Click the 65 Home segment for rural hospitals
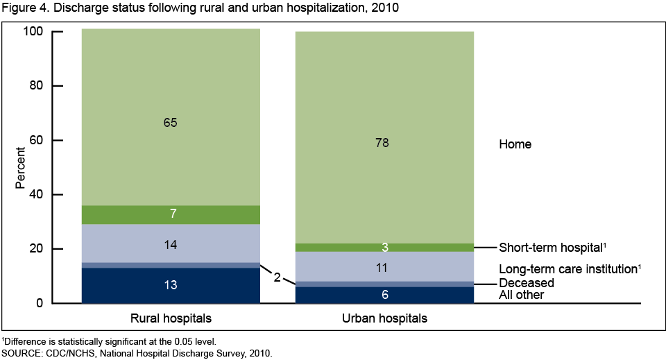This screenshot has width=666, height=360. (171, 118)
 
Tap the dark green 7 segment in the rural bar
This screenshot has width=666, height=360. (171, 215)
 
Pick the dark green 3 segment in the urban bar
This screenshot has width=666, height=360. (384, 248)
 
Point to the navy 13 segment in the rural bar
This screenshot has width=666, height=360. (171, 285)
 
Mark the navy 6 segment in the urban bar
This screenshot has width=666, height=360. (384, 295)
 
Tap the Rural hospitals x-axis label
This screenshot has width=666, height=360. (171, 318)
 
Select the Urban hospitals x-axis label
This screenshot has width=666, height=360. (384, 318)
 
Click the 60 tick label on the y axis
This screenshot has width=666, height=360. (36, 140)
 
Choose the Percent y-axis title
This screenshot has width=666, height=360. (21, 167)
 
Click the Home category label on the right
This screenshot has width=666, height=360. (515, 144)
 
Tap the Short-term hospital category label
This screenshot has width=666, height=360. (547, 248)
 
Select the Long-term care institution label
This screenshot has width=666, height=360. (568, 268)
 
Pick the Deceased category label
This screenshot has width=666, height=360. (527, 283)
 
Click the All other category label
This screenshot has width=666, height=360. (521, 295)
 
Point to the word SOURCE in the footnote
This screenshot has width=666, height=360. (21, 353)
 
